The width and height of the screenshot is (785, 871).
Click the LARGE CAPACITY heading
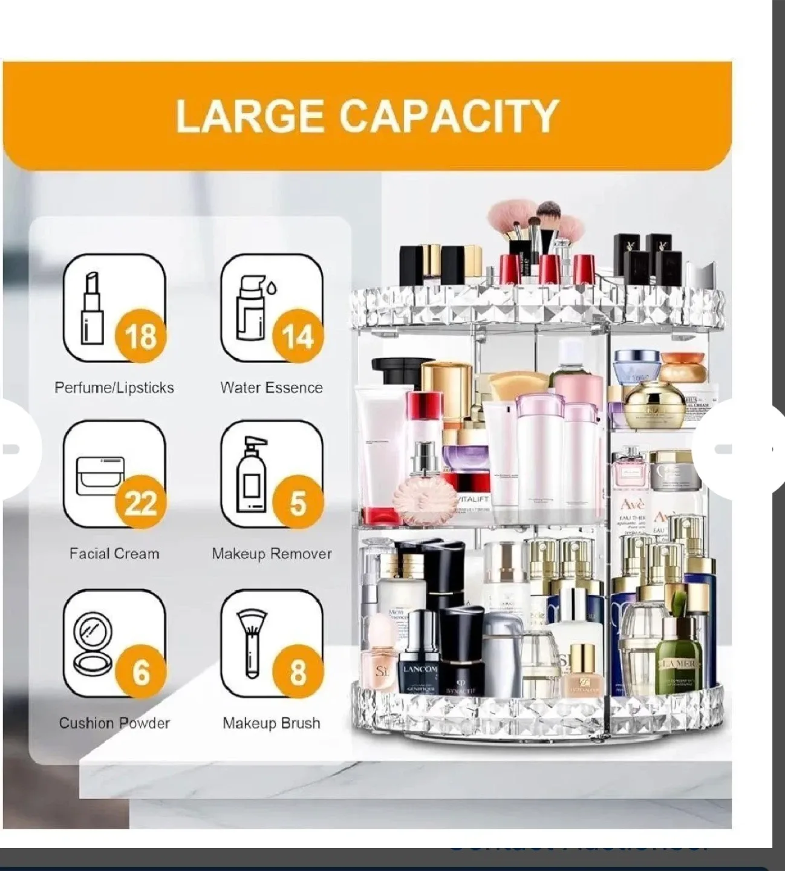[x=366, y=116]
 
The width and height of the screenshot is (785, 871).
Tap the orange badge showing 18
[x=140, y=336]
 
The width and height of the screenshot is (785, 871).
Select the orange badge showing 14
[x=298, y=336]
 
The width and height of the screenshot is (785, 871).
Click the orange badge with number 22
[x=140, y=502]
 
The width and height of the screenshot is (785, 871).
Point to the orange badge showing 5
[x=298, y=502]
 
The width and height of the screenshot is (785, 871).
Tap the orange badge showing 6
[x=140, y=671]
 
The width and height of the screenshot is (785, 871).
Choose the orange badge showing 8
[x=298, y=671]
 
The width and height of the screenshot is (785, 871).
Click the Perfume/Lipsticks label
[x=114, y=388]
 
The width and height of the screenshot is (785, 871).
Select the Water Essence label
[x=272, y=388]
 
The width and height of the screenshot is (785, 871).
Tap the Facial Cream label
[x=114, y=553]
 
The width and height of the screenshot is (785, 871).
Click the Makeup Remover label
[x=272, y=553]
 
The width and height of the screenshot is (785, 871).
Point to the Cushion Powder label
[x=114, y=723]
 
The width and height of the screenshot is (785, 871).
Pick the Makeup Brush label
[x=272, y=723]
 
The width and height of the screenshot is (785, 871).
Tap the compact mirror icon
[x=92, y=642]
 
